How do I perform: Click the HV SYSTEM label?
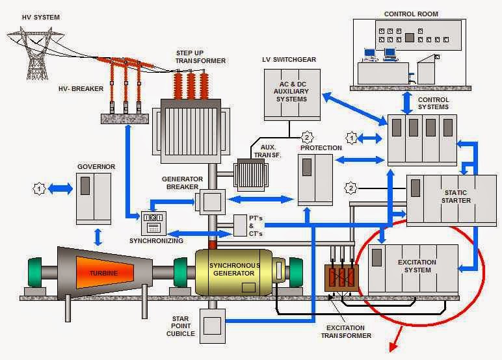pos(41,18)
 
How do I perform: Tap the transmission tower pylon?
pos(34,53)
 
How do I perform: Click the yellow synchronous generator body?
pos(234,272)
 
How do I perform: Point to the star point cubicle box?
pos(212,326)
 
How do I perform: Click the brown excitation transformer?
pos(341,277)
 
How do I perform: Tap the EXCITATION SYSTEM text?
pos(417,266)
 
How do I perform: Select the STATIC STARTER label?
pos(456,196)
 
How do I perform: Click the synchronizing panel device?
pos(153,223)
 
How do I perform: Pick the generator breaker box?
pos(213,202)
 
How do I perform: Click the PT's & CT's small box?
pos(240,225)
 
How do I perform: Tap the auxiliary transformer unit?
pos(251,175)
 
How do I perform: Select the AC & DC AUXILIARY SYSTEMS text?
pos(292,92)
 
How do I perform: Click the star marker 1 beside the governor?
pos(40,188)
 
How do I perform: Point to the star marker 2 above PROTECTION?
pos(307,137)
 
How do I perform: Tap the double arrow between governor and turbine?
pos(98,237)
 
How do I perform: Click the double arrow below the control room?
pos(407,103)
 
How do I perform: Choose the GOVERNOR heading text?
pos(96,167)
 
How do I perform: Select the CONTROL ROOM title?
pos(411,14)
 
